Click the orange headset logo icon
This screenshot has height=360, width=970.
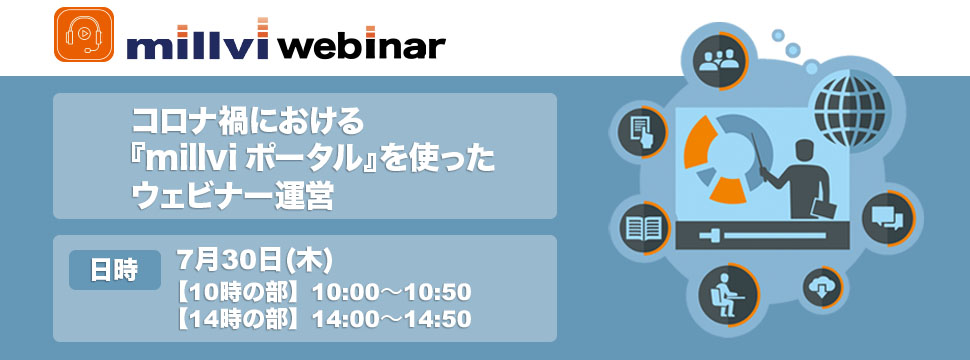tap(84, 35)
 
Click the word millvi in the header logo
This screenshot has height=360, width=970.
tap(197, 42)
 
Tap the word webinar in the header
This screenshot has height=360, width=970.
tap(362, 46)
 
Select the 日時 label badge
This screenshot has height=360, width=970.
tap(114, 270)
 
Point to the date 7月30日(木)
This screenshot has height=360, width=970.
tap(254, 260)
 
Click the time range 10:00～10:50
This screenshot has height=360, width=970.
tap(391, 291)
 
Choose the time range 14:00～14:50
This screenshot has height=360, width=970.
tap(391, 318)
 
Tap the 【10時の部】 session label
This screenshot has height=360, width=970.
tap(241, 291)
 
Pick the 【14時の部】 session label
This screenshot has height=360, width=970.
tap(241, 319)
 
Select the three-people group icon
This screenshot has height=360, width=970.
tap(720, 61)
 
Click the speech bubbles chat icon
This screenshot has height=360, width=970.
tap(887, 218)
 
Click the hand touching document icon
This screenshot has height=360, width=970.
tap(641, 132)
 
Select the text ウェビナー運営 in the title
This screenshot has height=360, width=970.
tap(233, 198)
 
